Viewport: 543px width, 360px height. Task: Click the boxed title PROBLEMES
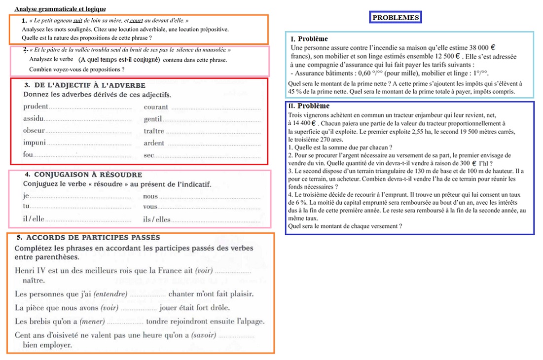point(396,18)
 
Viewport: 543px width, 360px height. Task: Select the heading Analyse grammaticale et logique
point(60,9)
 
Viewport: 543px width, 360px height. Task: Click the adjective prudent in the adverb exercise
point(36,107)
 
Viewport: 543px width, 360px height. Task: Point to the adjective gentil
point(153,119)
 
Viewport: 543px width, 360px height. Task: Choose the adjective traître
point(154,131)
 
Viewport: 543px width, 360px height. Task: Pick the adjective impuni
point(34,143)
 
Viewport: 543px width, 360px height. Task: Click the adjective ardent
point(154,144)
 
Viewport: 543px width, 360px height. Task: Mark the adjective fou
point(28,155)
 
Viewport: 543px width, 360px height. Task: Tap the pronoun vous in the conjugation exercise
point(150,207)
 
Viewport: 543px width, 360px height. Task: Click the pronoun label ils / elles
point(156,219)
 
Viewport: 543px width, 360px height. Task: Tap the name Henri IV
point(29,271)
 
